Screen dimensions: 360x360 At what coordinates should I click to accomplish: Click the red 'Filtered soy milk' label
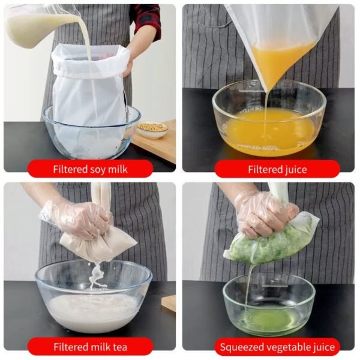pyautogui.click(x=90, y=169)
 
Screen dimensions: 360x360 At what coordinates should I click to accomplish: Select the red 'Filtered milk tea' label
pyautogui.click(x=90, y=347)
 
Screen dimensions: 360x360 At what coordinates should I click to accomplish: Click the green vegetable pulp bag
pyautogui.click(x=270, y=243)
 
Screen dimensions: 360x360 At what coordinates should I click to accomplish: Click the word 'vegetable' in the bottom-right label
pyautogui.click(x=280, y=347)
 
